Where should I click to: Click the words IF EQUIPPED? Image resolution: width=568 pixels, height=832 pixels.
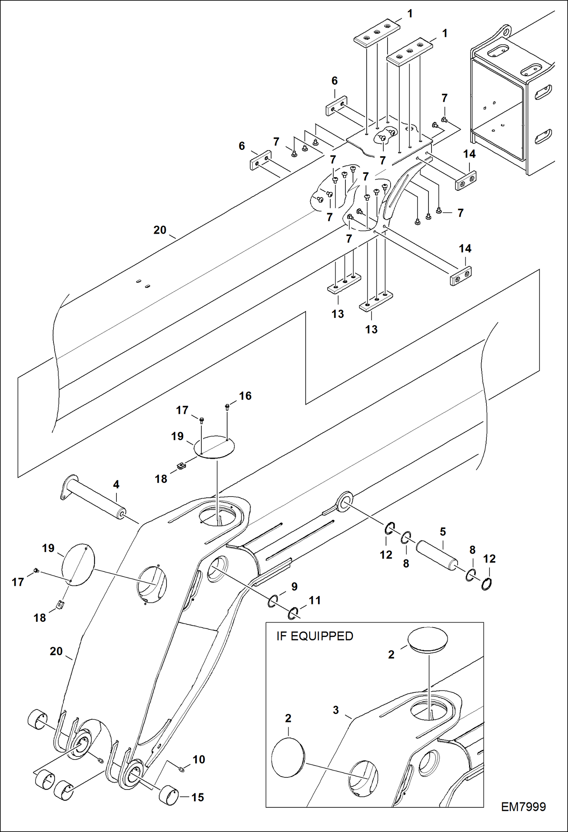coord(314,636)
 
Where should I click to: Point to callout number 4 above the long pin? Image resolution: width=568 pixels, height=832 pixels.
coord(116,484)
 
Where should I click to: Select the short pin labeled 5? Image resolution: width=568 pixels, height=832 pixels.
coord(437,555)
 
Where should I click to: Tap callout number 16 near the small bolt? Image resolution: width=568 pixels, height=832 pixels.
coord(245,396)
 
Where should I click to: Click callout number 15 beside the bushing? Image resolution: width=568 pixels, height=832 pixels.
coord(198,797)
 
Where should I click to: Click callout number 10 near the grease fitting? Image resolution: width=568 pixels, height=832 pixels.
coord(199,759)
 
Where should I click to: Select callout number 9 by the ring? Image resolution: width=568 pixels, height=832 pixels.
coord(294,587)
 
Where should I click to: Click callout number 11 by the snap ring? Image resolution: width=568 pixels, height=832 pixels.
coord(314,600)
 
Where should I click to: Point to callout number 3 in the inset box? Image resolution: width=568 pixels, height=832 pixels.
coord(336,710)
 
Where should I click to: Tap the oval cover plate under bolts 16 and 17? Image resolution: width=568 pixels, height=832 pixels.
coord(214,447)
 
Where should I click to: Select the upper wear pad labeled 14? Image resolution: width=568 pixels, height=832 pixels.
coord(466,181)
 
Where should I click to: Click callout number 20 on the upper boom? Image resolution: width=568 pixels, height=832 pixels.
coord(160,230)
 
